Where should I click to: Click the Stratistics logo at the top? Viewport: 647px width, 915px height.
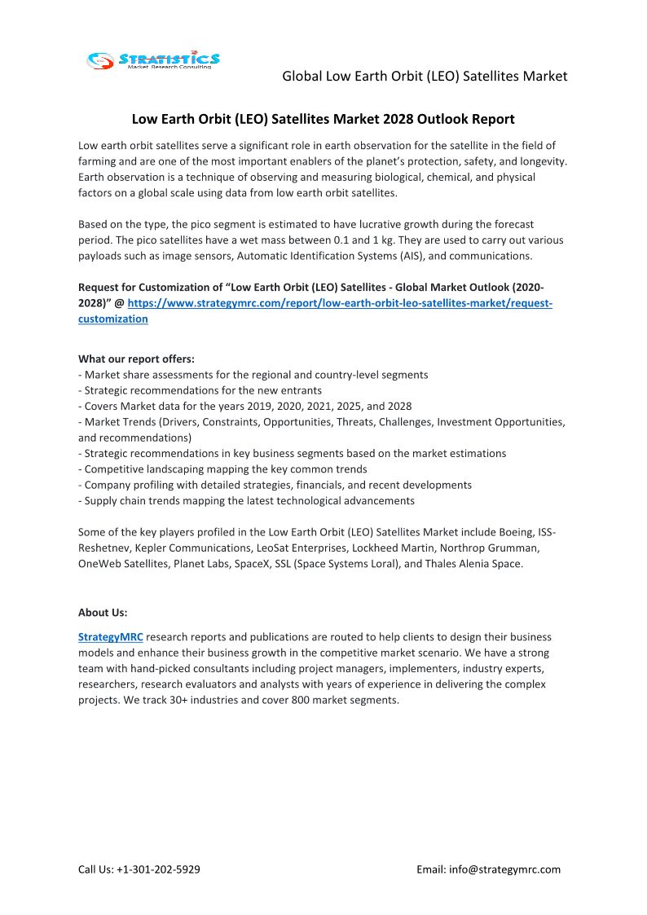153,59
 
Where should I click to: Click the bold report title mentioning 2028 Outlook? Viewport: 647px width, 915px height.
323,119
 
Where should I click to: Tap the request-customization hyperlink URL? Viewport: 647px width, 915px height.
340,303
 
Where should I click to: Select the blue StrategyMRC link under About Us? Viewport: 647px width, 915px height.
111,636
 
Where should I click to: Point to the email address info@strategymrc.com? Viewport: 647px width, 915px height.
505,869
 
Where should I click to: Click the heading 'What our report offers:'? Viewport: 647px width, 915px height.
136,359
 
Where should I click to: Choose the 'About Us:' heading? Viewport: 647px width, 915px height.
103,612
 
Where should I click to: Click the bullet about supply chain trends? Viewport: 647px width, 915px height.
246,500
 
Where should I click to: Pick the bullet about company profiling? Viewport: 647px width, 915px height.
275,485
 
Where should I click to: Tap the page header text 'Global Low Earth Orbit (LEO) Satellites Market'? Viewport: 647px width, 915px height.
425,76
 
